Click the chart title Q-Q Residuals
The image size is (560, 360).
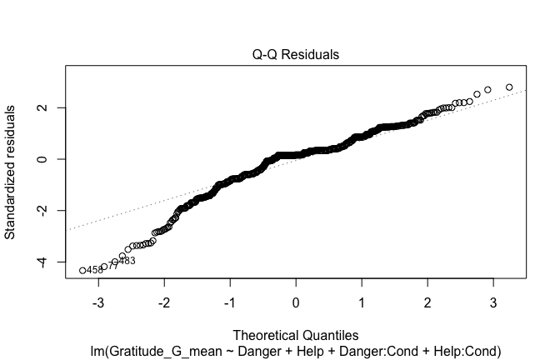pyautogui.click(x=296, y=54)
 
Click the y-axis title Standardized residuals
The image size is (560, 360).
pyautogui.click(x=11, y=172)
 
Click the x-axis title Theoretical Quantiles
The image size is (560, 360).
pyautogui.click(x=296, y=335)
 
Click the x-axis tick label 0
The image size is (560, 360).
pyautogui.click(x=296, y=301)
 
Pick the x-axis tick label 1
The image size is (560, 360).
pyautogui.click(x=362, y=301)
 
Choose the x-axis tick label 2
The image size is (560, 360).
pyautogui.click(x=427, y=301)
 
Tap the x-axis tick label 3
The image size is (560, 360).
pyautogui.click(x=492, y=301)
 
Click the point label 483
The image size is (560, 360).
pyautogui.click(x=127, y=261)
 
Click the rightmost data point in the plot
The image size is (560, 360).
pyautogui.click(x=509, y=87)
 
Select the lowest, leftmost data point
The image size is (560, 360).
pyautogui.click(x=82, y=270)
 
